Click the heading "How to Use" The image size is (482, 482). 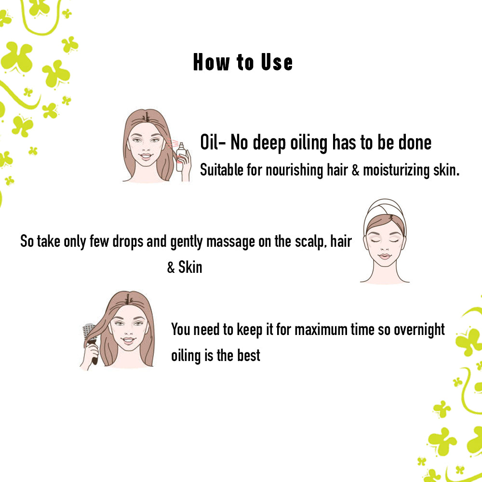(243, 62)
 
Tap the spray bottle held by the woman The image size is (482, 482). (181, 157)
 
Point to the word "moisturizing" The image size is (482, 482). (396, 170)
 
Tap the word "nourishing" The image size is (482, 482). (294, 170)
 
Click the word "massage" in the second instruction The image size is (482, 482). (230, 242)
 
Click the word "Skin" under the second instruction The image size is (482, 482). (190, 267)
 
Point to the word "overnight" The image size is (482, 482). (419, 330)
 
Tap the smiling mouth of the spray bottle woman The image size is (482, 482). (147, 156)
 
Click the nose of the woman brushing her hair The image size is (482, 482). (129, 331)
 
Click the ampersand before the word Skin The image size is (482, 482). (171, 267)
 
